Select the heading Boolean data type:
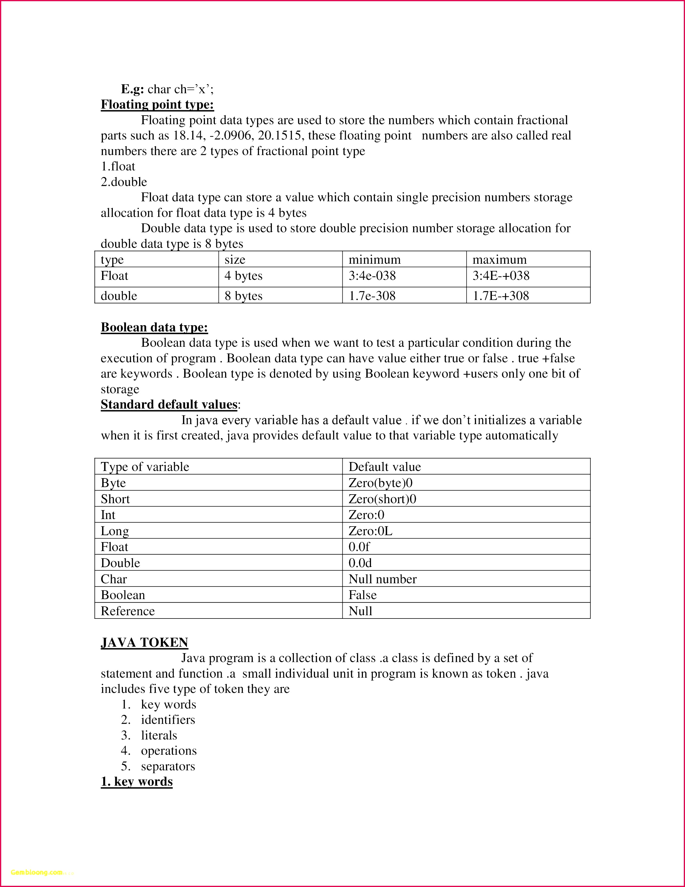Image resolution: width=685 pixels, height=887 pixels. point(154,327)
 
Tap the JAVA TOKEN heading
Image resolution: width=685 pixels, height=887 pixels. point(144,642)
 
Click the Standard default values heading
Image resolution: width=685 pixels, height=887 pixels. point(169,404)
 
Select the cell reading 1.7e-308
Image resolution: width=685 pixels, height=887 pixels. point(372,296)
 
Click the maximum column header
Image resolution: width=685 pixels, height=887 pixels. point(499,260)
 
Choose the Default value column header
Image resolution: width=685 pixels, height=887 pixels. point(384,467)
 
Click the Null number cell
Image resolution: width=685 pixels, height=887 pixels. point(382,579)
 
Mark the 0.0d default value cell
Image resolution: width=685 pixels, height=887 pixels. point(360,563)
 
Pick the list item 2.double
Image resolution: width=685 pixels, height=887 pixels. point(124,182)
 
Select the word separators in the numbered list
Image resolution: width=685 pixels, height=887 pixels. point(168,766)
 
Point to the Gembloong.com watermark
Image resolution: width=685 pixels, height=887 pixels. point(36,872)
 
